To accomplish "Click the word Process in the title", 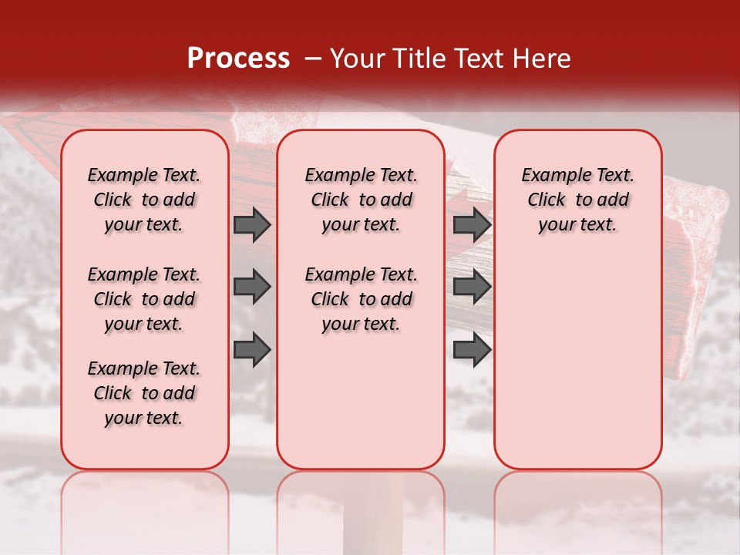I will click(x=237, y=59).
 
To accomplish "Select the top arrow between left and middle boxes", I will click(x=252, y=224).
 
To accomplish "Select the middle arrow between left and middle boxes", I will click(x=252, y=287).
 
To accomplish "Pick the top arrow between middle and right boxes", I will click(x=472, y=224).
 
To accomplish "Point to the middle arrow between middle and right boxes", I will click(x=472, y=287).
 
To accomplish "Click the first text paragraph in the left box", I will click(x=144, y=200).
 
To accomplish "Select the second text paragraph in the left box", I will click(x=144, y=299).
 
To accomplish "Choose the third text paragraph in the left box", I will click(x=144, y=393).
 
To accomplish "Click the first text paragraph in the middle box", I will click(x=361, y=200).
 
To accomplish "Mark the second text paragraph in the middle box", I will click(x=361, y=299).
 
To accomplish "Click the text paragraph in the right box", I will click(x=577, y=200).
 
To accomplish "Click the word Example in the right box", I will click(x=550, y=175).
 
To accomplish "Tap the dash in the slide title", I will click(x=313, y=59).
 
